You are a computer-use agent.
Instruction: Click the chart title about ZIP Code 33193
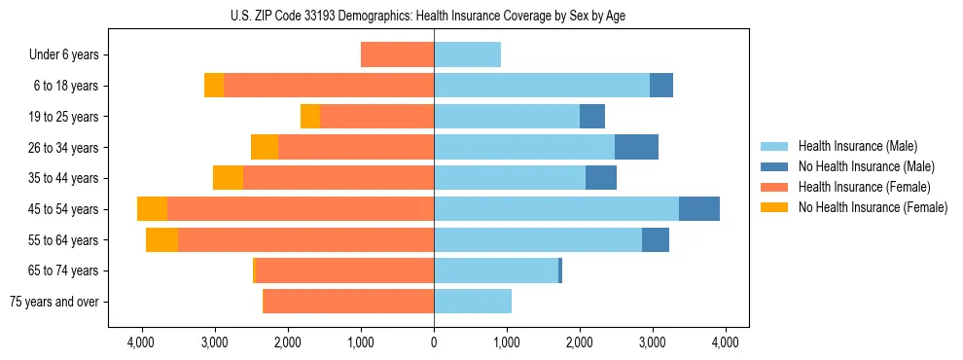[433, 16]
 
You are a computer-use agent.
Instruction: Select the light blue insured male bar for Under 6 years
[467, 54]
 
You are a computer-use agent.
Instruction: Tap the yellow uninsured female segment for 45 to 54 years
[152, 209]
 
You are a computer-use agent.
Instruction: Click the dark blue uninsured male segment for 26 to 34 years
[636, 147]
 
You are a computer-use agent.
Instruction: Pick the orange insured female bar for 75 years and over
[348, 302]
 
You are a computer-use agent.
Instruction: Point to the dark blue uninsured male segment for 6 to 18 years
[661, 86]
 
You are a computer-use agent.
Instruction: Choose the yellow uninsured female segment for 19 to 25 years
[310, 117]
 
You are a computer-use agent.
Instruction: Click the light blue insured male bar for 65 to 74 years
[496, 270]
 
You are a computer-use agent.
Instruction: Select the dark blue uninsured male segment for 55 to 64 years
[656, 239]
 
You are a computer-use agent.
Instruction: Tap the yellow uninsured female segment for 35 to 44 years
[228, 178]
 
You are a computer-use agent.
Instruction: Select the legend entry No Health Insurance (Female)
[873, 207]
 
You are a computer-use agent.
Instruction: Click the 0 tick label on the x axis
[434, 342]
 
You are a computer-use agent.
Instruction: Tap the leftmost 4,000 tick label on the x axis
[142, 342]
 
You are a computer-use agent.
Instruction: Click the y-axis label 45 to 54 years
[64, 209]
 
